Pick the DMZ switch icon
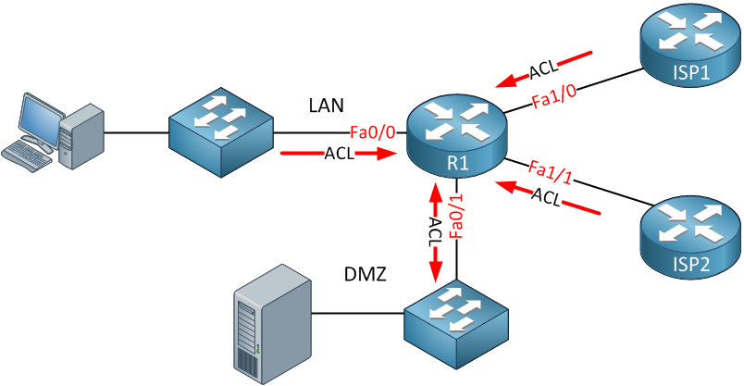457,325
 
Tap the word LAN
327,106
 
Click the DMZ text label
365,275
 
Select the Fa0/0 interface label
373,132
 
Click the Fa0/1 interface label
455,218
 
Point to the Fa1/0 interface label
552,100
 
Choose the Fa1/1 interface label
550,172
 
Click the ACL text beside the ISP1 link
542,69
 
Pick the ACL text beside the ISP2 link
547,195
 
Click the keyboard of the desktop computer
28,155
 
